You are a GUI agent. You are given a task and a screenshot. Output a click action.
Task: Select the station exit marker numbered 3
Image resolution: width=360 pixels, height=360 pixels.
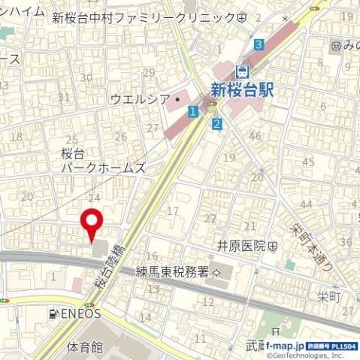coord(259,44)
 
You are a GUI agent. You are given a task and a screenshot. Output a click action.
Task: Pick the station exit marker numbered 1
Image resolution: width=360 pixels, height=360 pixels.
coord(193,111)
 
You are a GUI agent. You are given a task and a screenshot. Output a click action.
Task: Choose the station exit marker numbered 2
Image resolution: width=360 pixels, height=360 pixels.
coord(216,123)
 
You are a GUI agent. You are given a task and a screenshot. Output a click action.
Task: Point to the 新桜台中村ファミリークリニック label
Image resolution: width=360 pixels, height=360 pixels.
coord(143,17)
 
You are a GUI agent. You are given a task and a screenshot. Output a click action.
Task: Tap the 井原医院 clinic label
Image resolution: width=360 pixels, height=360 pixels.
coord(242,245)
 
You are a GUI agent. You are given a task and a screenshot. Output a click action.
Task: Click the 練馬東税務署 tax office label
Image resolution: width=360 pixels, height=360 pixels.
coord(174,271)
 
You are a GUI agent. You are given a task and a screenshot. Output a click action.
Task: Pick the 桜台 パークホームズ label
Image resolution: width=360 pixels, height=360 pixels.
coord(102,160)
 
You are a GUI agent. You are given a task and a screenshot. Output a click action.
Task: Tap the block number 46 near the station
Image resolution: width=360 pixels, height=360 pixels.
coord(255,136)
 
